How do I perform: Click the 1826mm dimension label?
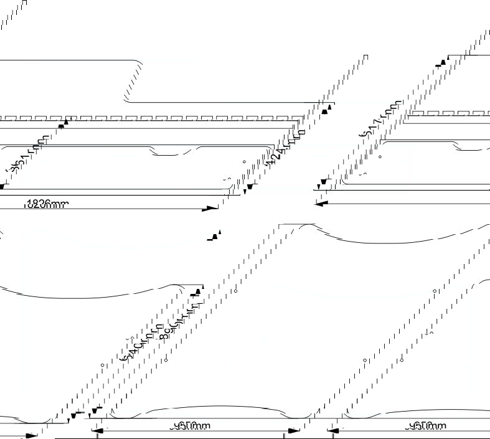click(x=47, y=204)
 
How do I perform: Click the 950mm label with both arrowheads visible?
click(x=192, y=426)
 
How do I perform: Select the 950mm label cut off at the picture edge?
click(x=426, y=426)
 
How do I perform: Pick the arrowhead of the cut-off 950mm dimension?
click(x=334, y=430)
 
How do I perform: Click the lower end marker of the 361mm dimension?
click(x=3, y=186)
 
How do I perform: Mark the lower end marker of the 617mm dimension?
click(x=323, y=183)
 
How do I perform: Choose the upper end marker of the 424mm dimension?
click(x=325, y=110)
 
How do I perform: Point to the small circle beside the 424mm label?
click(x=244, y=161)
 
